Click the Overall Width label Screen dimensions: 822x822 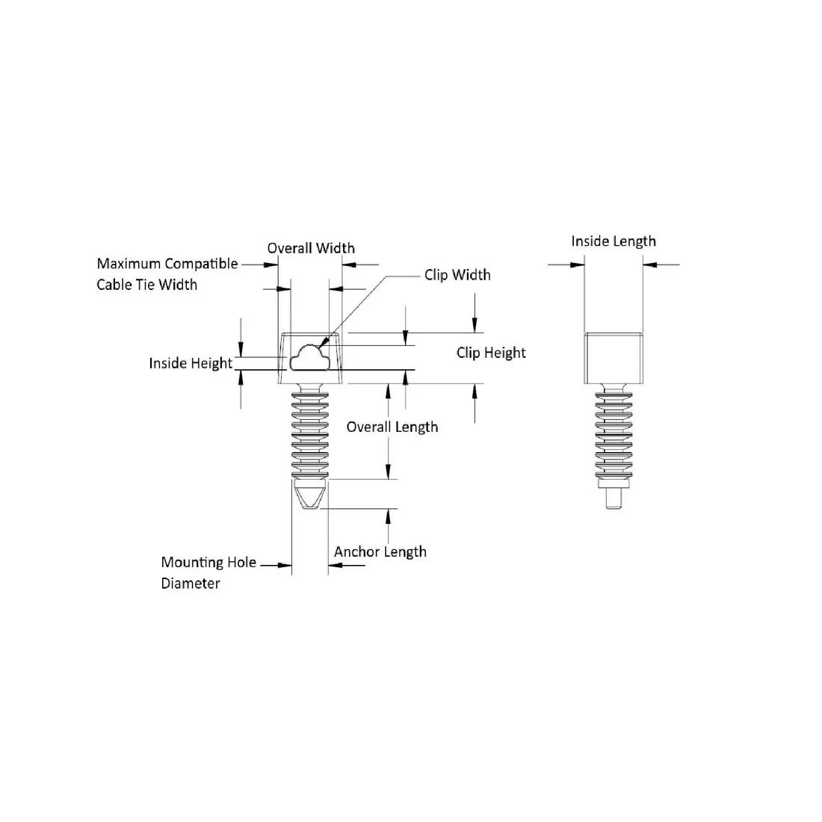(x=311, y=248)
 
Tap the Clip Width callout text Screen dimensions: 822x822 (x=457, y=275)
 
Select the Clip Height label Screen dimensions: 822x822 (x=491, y=353)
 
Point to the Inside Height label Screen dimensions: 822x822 (x=191, y=363)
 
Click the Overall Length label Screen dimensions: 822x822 (x=392, y=427)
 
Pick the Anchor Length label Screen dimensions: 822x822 (x=380, y=552)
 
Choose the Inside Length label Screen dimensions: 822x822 (x=614, y=241)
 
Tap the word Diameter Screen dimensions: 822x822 (x=191, y=583)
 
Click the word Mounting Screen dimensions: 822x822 (x=191, y=563)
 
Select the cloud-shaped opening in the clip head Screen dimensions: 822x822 (x=310, y=357)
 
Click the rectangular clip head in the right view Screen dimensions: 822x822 (x=614, y=358)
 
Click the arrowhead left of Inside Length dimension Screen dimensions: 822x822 (x=577, y=265)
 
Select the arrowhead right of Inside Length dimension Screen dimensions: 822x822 (x=650, y=265)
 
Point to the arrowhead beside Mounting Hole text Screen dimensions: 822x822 (x=285, y=565)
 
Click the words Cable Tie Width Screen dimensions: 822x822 (x=146, y=285)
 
